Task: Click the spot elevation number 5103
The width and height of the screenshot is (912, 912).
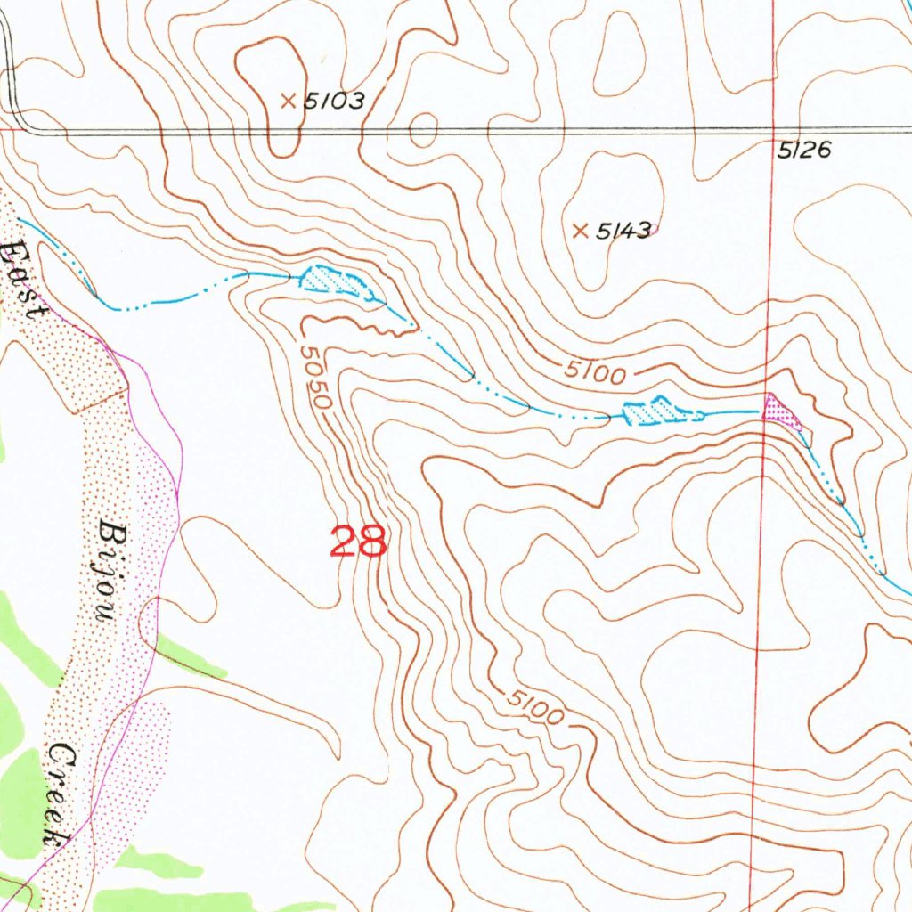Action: tap(334, 101)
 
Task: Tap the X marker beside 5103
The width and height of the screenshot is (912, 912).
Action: tap(288, 102)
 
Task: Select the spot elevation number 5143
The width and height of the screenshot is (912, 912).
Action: tap(623, 231)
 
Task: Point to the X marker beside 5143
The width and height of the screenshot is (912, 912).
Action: tap(580, 232)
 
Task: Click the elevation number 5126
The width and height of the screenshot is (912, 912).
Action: tap(803, 151)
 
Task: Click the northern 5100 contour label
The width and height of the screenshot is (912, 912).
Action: tap(594, 372)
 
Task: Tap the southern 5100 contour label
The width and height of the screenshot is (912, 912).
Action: tap(536, 707)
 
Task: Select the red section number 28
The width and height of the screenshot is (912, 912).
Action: tap(358, 541)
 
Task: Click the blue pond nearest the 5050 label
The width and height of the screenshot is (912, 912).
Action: tap(337, 281)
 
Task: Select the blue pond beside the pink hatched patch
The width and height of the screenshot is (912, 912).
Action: tap(659, 411)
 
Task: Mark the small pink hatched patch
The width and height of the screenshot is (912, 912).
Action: tap(783, 411)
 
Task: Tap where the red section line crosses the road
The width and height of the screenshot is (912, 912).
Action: tap(772, 130)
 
